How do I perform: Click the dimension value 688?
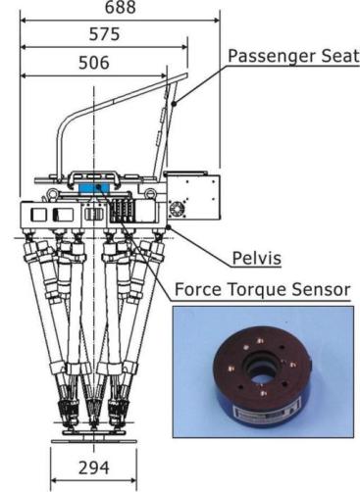pos(121,7)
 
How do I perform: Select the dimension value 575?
pos(105,34)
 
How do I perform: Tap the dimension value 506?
pos(94,63)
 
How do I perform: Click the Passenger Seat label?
pos(293,56)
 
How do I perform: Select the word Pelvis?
pos(257,258)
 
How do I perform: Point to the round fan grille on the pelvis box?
pos(177,208)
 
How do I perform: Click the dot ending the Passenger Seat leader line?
pos(174,104)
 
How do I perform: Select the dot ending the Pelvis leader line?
pos(169,227)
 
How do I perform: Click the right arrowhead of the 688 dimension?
pos(217,21)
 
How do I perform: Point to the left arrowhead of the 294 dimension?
pos(55,480)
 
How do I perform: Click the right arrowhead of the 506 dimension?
pos(164,76)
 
